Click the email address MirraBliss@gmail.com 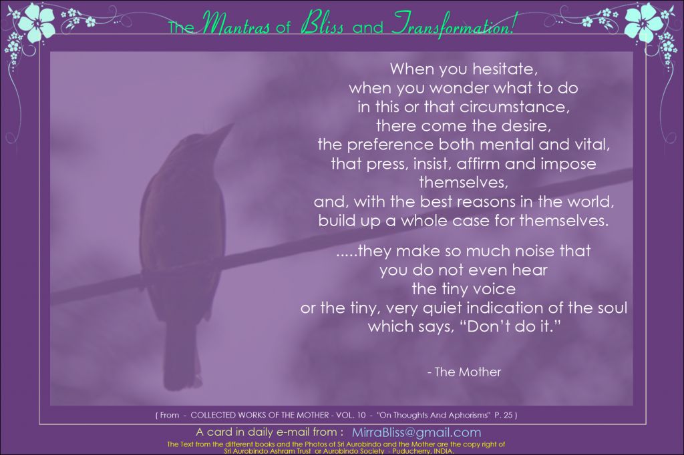tap(417, 432)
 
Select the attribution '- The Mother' tap(464, 372)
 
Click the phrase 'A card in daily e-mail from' tap(267, 432)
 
